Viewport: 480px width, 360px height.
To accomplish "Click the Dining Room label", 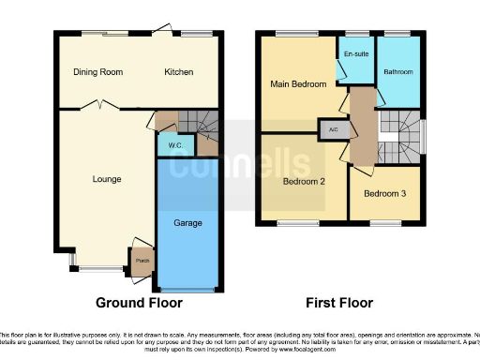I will coord(98,72).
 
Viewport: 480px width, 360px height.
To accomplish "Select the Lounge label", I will coord(106,178).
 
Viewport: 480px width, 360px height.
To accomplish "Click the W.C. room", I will coord(175,146).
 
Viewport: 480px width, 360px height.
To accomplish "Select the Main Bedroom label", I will coord(298,84).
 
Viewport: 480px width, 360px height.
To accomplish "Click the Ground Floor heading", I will coord(140,303).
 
